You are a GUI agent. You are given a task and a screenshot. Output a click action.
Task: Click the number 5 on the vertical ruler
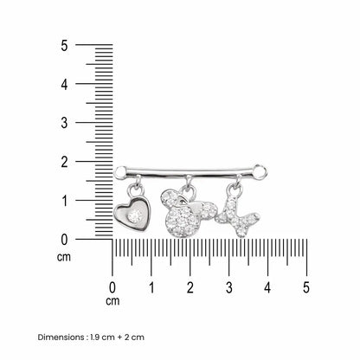(64, 46)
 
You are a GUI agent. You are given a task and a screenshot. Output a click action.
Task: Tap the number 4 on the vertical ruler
(64, 85)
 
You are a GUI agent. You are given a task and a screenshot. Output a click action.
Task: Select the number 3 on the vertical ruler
(64, 123)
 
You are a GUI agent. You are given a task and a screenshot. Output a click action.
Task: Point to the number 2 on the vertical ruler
(64, 162)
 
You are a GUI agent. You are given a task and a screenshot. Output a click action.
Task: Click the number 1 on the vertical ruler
(65, 201)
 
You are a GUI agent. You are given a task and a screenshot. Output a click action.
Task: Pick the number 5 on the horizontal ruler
(306, 287)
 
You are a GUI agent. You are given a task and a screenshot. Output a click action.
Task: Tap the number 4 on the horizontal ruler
(267, 287)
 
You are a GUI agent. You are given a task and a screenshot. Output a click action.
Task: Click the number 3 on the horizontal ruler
(228, 287)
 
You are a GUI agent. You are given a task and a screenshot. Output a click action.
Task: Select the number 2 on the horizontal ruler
(190, 287)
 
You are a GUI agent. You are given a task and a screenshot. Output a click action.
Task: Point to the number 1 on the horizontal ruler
(151, 287)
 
